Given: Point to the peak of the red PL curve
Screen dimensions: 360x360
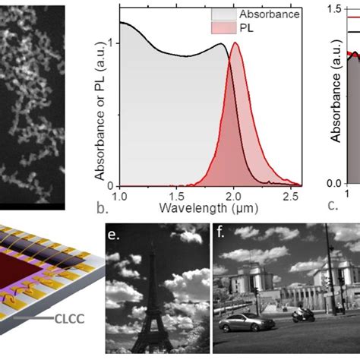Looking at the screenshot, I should point(235,43).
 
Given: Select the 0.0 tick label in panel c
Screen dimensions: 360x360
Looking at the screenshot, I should point(332,183).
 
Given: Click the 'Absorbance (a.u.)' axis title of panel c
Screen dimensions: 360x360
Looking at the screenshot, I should point(334,99).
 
